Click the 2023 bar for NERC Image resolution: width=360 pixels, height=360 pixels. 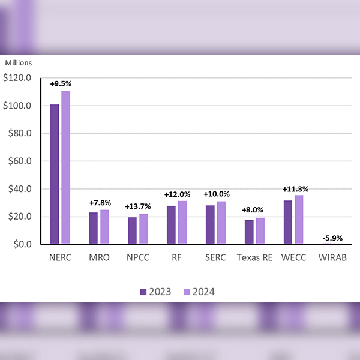(x=55, y=174)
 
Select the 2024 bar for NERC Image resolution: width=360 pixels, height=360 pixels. (x=65, y=167)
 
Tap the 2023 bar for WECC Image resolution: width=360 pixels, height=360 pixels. (x=288, y=222)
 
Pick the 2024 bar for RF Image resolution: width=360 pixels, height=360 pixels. (x=182, y=223)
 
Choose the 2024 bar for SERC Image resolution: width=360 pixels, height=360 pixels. (x=221, y=223)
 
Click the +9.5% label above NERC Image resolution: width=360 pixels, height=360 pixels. (x=60, y=83)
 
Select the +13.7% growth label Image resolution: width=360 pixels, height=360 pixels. (x=138, y=206)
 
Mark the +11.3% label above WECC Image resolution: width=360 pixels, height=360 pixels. (x=293, y=190)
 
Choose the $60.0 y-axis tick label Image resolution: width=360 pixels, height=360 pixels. (x=20, y=161)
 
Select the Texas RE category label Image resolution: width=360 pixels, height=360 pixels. (x=254, y=258)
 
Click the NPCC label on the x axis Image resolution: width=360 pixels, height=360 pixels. (x=138, y=258)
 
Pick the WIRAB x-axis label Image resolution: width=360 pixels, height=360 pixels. (x=332, y=258)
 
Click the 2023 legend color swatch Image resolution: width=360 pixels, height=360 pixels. (x=143, y=292)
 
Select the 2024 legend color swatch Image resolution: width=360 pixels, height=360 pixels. (x=187, y=292)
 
